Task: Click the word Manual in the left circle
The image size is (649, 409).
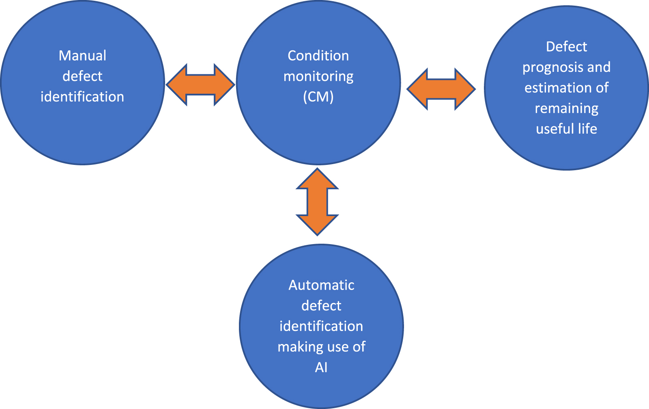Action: [x=82, y=56]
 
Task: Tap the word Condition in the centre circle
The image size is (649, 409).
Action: [x=318, y=56]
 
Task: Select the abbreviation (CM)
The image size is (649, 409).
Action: [x=318, y=97]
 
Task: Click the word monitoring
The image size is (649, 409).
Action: [x=318, y=76]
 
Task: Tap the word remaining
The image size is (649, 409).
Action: [x=566, y=108]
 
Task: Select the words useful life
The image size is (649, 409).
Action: [x=566, y=129]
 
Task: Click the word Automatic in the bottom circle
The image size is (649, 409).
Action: [x=321, y=285]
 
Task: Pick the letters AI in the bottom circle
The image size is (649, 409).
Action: [x=321, y=367]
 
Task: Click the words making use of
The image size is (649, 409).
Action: [x=321, y=347]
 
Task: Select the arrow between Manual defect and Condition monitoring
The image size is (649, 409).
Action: [x=200, y=84]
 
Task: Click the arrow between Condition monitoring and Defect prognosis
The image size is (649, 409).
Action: [x=441, y=89]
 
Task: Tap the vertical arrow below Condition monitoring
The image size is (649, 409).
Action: [x=317, y=202]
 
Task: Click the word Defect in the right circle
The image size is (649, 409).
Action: [x=566, y=47]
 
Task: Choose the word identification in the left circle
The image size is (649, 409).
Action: [x=82, y=97]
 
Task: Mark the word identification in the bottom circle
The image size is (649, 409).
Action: [x=321, y=326]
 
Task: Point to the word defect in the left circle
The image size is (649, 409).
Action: [x=82, y=76]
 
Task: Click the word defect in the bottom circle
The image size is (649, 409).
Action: [x=321, y=305]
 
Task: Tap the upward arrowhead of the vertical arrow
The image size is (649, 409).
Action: [x=317, y=179]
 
